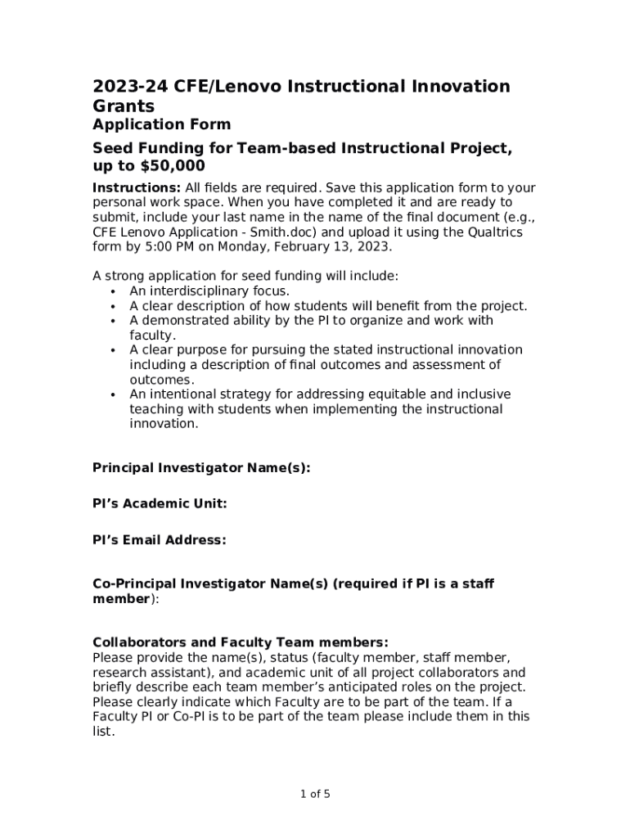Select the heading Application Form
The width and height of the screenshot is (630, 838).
click(x=161, y=124)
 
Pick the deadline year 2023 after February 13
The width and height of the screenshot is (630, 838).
click(x=376, y=246)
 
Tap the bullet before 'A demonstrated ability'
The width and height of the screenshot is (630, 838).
click(x=112, y=321)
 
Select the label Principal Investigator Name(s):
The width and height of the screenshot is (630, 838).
click(x=201, y=468)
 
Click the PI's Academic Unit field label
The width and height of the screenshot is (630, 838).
click(x=160, y=504)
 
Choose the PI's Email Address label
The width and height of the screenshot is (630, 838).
click(x=160, y=540)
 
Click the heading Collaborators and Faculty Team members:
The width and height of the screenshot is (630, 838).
click(x=240, y=642)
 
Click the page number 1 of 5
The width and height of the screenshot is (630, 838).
click(x=315, y=794)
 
